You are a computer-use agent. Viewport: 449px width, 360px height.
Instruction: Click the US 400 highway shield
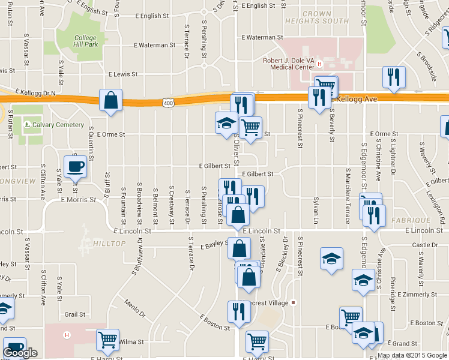(168, 103)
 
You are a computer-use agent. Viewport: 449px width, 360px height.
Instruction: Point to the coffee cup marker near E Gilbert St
(76, 166)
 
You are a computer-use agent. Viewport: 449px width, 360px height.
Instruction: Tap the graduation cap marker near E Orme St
(226, 123)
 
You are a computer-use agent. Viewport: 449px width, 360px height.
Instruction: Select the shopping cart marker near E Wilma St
(107, 340)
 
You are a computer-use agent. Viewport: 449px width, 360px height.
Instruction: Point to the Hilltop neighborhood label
(110, 243)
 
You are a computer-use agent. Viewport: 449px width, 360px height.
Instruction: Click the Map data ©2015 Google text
(413, 355)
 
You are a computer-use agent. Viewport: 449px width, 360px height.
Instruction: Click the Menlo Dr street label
(136, 308)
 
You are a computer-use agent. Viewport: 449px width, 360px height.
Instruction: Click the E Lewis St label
(123, 74)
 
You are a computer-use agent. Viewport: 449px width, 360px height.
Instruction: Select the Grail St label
(75, 314)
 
